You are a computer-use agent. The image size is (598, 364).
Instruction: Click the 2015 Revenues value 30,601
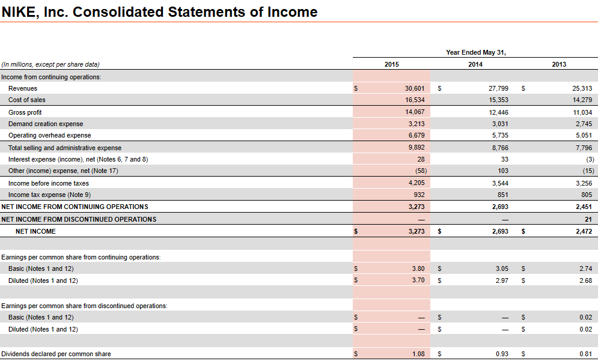coord(415,88)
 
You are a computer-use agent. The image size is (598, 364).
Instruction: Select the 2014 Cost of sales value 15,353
coord(499,100)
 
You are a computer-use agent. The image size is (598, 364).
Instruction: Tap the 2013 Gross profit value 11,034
coord(582,112)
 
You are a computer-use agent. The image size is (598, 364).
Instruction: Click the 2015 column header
coord(391,64)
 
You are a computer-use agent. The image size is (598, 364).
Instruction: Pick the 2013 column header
coord(558,64)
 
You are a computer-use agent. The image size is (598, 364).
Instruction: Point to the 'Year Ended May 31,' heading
coord(475,52)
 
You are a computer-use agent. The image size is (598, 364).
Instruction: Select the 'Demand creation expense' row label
coord(46,124)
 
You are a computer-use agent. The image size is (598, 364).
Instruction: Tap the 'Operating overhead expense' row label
coord(50,135)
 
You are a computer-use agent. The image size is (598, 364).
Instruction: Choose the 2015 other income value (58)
coord(417,171)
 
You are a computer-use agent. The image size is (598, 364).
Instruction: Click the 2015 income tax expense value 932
coord(419,195)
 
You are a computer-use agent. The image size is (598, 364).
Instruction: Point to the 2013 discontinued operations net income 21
coord(588,219)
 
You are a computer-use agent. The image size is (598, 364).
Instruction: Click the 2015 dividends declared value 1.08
coord(418,354)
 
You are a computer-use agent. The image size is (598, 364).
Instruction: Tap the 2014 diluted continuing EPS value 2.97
coord(502,281)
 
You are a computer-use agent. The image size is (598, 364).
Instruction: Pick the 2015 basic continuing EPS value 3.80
coord(418,268)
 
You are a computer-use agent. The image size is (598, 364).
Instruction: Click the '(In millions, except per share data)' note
coord(50,64)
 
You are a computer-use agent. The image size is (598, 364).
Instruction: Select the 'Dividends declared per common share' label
coord(56,354)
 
